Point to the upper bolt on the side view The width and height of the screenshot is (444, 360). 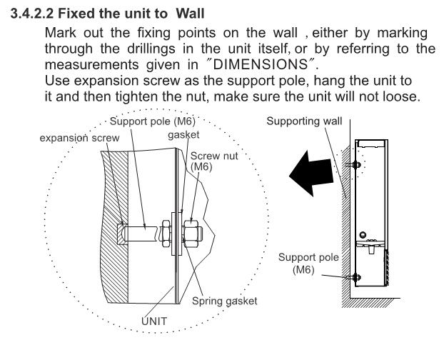click(355, 165)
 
